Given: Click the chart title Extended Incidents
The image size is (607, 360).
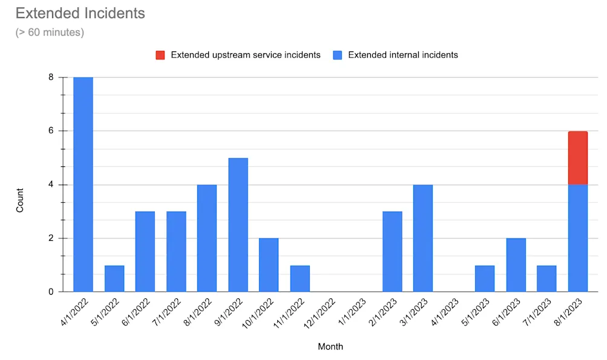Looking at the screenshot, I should tap(80, 13).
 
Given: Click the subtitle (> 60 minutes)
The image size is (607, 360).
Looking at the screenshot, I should tap(50, 32).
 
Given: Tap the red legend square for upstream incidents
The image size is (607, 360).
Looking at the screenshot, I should tap(160, 55).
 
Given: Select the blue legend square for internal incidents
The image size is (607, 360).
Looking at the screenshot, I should tap(338, 55).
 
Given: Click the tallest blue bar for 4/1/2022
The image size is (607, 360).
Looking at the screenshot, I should tap(83, 185).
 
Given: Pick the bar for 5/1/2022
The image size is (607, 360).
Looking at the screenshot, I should tap(114, 278).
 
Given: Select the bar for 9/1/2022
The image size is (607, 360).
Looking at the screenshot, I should tap(238, 224).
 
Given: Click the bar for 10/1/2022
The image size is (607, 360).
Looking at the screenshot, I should tap(269, 265).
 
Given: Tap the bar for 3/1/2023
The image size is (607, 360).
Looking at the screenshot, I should tap(423, 238).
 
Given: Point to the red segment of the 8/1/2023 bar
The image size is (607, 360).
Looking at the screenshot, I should tap(577, 158).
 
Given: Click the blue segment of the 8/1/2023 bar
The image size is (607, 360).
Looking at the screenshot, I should tap(577, 238).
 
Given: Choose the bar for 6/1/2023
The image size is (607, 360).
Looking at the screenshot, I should tap(516, 265).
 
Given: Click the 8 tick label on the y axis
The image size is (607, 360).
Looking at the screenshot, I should tap(51, 77).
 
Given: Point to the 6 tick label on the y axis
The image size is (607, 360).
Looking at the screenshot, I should tap(51, 131).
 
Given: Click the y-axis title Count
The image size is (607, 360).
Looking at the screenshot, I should tap(20, 200).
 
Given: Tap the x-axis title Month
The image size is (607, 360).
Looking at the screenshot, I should tap(330, 347).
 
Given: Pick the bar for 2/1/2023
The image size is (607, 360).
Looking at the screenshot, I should tap(392, 252).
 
